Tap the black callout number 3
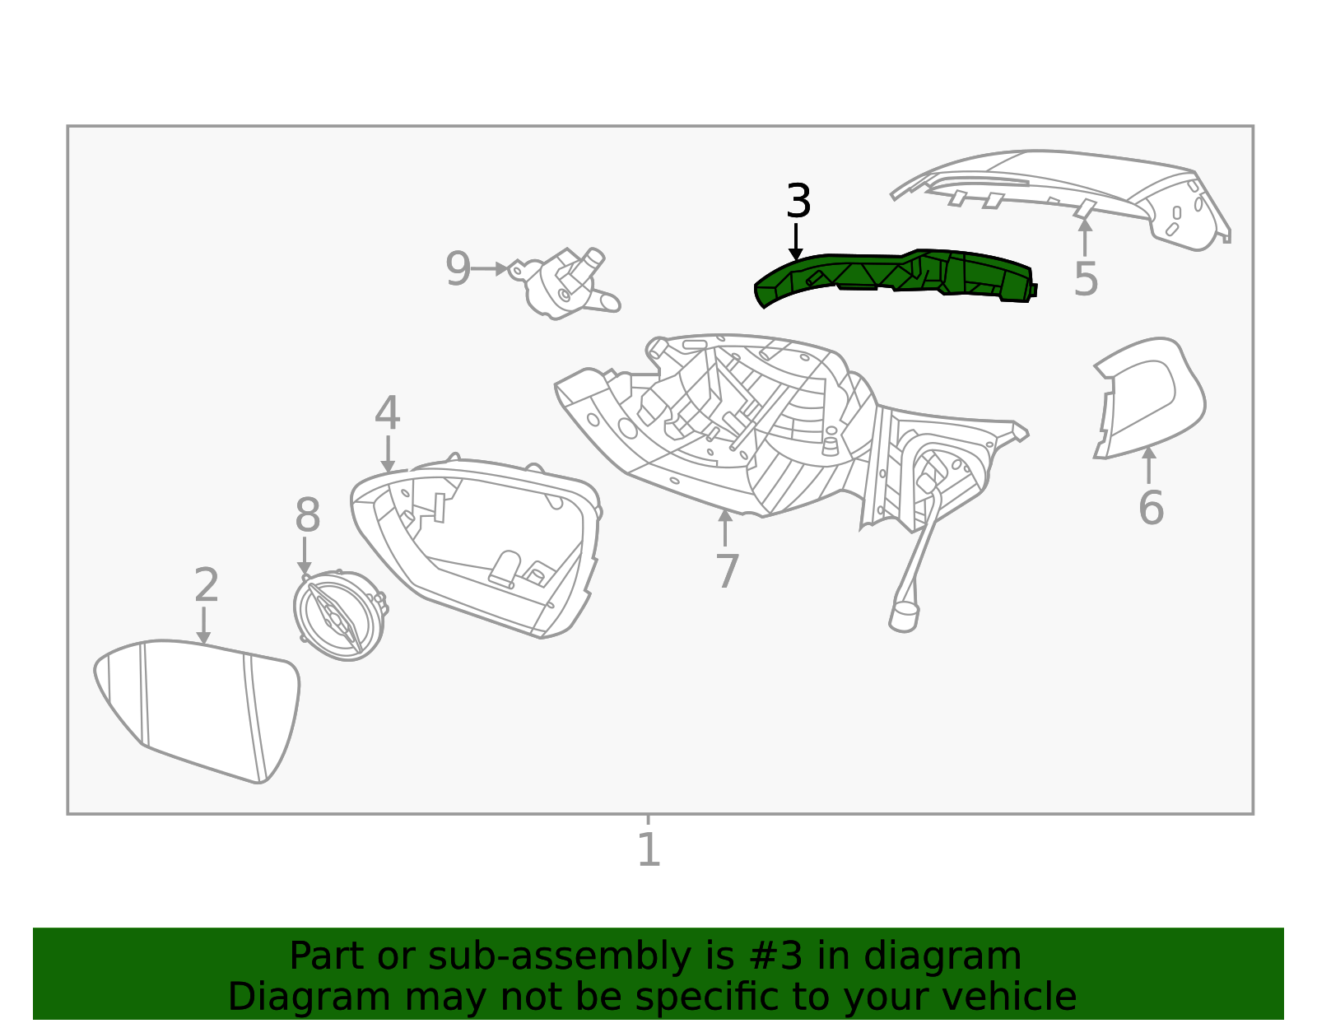point(798,202)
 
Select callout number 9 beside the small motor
point(458,269)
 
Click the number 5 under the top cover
point(1086,279)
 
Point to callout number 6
point(1150,507)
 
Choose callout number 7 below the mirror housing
point(726,571)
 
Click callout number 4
point(387,413)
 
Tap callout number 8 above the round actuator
point(307,516)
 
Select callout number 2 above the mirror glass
point(206,585)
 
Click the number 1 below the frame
point(649,849)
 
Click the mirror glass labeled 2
point(198,708)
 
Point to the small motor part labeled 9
point(565,284)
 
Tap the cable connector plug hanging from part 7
point(903,616)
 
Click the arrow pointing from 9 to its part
point(491,269)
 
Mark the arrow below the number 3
point(795,243)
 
